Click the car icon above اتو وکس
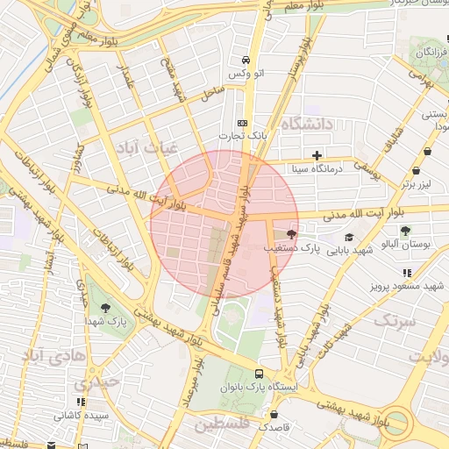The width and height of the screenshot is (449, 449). tap(246, 60)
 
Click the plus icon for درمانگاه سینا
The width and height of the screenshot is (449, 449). tap(317, 155)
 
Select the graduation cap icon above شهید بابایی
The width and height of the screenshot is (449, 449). tap(348, 237)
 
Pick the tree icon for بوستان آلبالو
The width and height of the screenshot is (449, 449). tap(405, 231)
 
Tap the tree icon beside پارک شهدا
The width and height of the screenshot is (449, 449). tap(106, 308)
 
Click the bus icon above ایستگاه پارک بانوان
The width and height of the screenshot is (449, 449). tap(259, 373)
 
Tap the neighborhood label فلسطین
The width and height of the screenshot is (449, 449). tap(223, 425)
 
